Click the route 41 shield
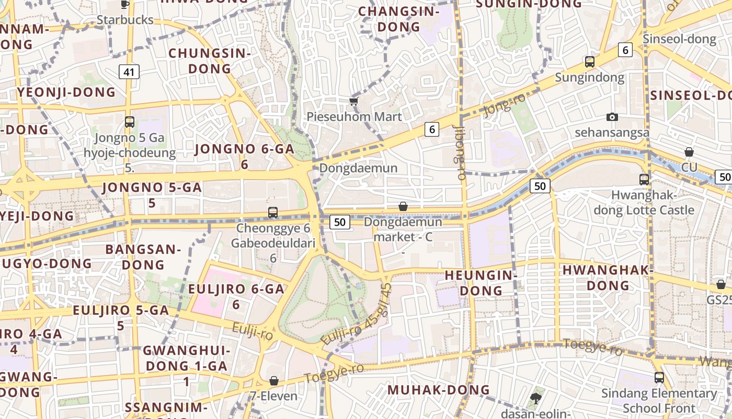(x=129, y=72)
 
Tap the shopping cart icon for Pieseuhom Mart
(x=354, y=101)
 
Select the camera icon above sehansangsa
(x=612, y=117)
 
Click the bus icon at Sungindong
(x=590, y=62)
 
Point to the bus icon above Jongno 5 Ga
(x=130, y=122)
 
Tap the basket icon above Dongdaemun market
(x=403, y=206)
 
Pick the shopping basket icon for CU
(x=689, y=152)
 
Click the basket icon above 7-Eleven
(x=274, y=381)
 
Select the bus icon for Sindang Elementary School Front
(x=659, y=377)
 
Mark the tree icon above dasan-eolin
(x=535, y=399)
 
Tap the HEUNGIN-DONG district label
(x=481, y=282)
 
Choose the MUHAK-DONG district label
(x=438, y=390)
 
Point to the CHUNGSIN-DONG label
(x=210, y=61)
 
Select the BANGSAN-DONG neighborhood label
(x=143, y=257)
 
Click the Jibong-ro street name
(x=461, y=152)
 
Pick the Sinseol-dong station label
(x=679, y=39)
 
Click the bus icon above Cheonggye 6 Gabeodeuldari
(x=272, y=212)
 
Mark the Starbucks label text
(x=125, y=20)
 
